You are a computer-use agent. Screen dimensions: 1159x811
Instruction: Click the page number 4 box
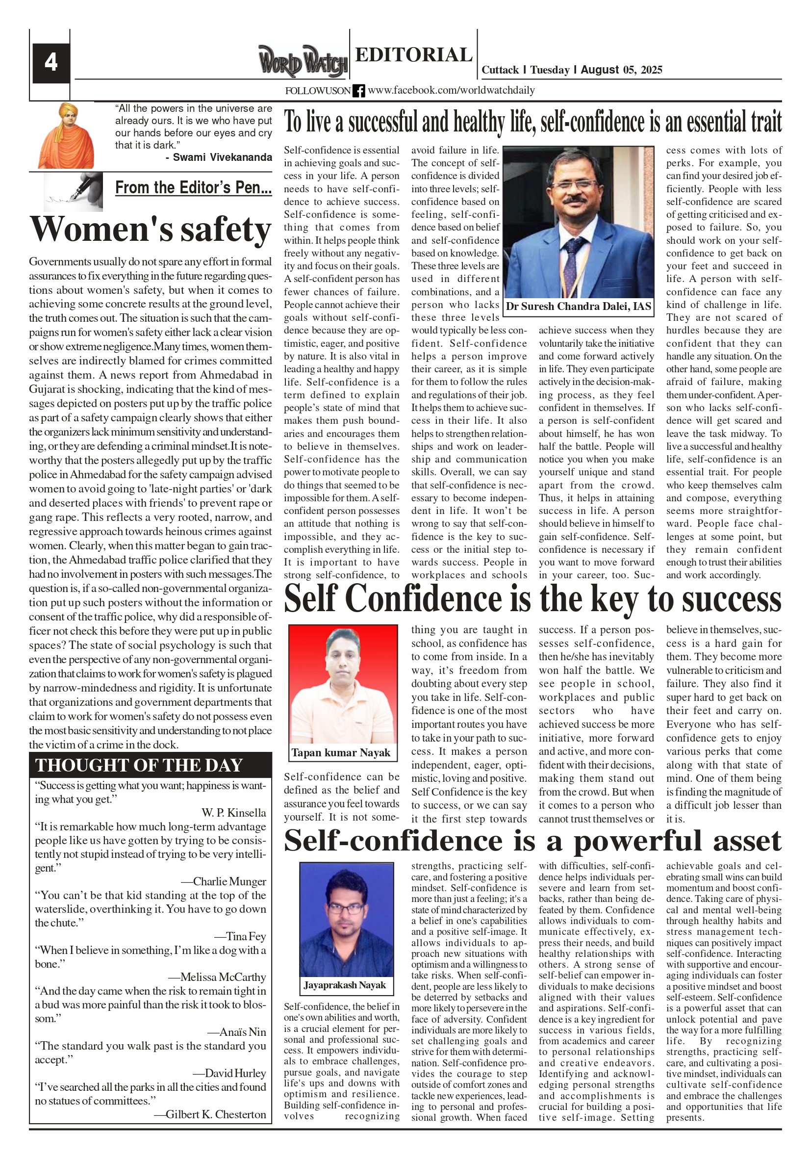coord(51,63)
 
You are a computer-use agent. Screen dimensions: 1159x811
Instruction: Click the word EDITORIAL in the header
coord(414,54)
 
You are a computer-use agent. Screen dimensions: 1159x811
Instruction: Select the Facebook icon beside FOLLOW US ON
coord(358,91)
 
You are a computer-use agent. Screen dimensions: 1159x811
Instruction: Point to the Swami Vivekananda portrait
coord(66,136)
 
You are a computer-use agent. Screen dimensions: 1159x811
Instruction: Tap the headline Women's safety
coord(151,230)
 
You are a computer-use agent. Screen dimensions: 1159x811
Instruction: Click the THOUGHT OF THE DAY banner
coord(150,765)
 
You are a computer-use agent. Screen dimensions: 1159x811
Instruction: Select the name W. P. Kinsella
coord(234,813)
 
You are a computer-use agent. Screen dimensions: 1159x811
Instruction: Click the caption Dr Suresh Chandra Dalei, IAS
coord(579,307)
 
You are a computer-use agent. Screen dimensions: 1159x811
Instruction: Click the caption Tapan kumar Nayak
coord(341,753)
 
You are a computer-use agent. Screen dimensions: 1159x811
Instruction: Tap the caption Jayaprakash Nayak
coord(345,985)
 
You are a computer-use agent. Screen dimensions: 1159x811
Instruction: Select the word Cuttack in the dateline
coord(500,70)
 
